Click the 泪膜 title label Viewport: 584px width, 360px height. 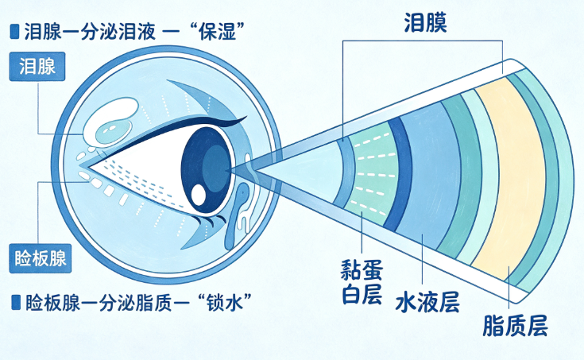[x=426, y=23]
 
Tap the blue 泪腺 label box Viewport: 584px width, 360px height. [x=37, y=66]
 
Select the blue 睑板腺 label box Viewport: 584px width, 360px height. [x=41, y=258]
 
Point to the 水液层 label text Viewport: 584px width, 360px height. [x=427, y=302]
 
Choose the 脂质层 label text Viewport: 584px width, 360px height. [x=515, y=325]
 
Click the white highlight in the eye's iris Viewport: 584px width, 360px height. [x=199, y=193]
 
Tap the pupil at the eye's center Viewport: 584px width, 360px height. [x=216, y=168]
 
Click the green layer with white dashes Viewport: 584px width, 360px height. [x=373, y=173]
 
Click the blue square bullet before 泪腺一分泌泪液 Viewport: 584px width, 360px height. [x=14, y=32]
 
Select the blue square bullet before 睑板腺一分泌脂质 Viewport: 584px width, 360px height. [x=16, y=302]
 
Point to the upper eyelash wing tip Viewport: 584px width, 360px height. [x=246, y=118]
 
